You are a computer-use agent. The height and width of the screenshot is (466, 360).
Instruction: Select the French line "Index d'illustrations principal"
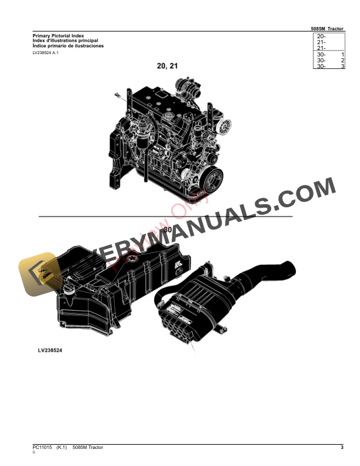(x=65, y=41)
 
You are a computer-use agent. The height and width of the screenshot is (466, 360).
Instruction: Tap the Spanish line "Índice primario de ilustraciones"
(x=68, y=45)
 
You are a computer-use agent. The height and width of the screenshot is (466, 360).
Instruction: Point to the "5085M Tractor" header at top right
(x=328, y=29)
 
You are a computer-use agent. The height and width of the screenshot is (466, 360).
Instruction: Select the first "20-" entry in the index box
(x=321, y=36)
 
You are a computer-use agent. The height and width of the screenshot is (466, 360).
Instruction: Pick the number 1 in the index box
(x=342, y=54)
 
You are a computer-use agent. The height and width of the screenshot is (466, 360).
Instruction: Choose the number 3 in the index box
(x=342, y=66)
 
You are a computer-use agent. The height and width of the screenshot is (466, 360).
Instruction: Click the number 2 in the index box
(x=342, y=61)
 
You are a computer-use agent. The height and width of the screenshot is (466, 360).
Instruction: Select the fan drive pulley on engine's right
(x=222, y=126)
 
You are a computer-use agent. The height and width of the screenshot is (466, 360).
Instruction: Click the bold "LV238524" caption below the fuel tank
(x=50, y=351)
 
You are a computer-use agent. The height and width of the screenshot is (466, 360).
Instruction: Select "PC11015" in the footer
(x=42, y=448)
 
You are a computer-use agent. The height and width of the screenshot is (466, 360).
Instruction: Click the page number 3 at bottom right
(x=342, y=448)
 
